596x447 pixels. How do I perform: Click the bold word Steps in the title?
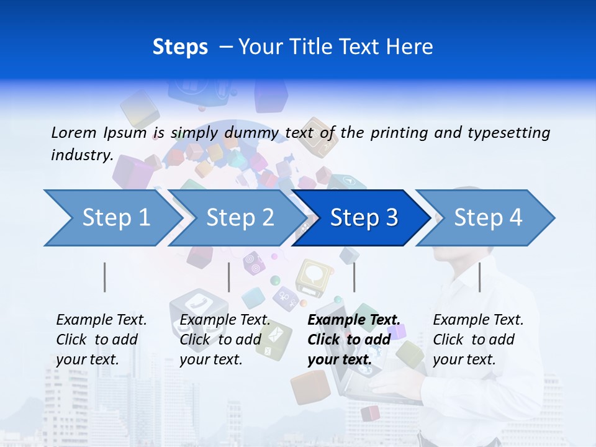pos(180,47)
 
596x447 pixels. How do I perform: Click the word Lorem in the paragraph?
pos(74,132)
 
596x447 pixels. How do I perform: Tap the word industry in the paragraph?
pos(81,155)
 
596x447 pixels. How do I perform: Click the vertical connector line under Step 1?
pos(105,277)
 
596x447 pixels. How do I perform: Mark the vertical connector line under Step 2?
pos(229,277)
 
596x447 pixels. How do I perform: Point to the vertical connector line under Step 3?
pos(354,277)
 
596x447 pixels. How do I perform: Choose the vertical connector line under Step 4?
pos(479,277)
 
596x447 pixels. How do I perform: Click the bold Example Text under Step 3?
pos(354,320)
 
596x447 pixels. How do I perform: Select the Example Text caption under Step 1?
pos(101,320)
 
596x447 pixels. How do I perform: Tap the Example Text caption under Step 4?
pos(478,320)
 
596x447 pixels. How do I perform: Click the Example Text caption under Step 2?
pos(225,320)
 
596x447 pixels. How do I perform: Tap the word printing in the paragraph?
pos(400,133)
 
